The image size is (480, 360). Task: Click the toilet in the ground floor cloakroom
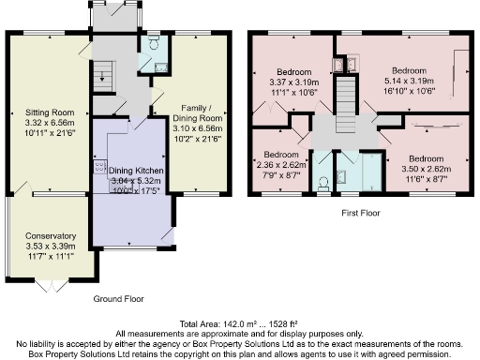click(x=152, y=44)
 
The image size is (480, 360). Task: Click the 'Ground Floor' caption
click(x=119, y=298)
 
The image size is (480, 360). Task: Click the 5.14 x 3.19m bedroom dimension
click(x=409, y=82)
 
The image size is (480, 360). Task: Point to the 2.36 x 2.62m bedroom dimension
click(x=282, y=164)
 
